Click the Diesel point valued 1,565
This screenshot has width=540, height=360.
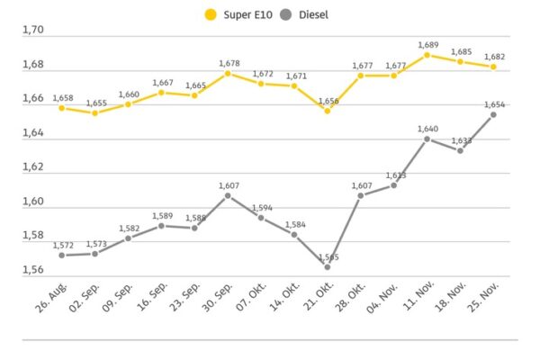coord(328,266)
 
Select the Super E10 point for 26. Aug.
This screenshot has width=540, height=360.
coord(61,108)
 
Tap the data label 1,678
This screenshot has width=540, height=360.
coord(227,63)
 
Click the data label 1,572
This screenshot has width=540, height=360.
coord(63,245)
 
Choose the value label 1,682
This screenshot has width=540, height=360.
coord(493,56)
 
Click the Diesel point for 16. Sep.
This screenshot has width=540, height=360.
coord(161,225)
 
